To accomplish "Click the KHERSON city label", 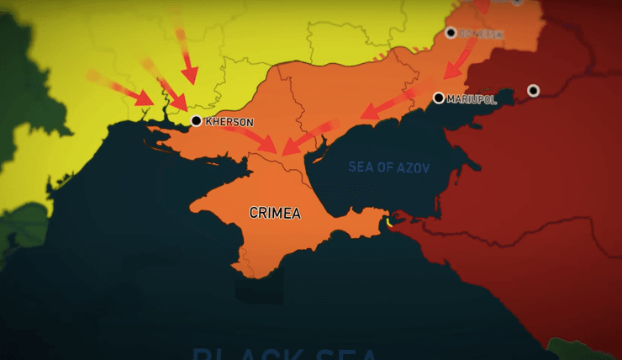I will pyautogui.click(x=229, y=122).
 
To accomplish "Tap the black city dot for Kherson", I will pyautogui.click(x=196, y=121).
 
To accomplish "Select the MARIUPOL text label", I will pyautogui.click(x=472, y=99).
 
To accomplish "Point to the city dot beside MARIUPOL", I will pyautogui.click(x=438, y=98).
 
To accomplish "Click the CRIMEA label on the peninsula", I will pyautogui.click(x=275, y=213).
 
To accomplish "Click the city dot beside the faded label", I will pyautogui.click(x=451, y=33).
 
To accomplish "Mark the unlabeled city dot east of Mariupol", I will pyautogui.click(x=533, y=90).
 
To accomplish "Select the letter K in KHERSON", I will pyautogui.click(x=208, y=122).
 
